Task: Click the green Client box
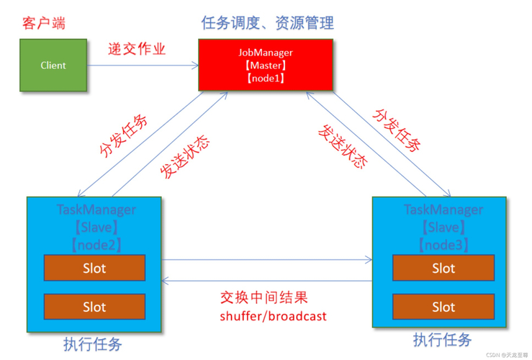click(53, 66)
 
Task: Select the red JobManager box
click(265, 65)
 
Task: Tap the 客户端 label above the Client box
click(45, 23)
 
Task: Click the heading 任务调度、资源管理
click(267, 23)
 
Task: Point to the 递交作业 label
click(137, 49)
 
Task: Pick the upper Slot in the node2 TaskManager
click(94, 269)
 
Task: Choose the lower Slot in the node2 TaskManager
click(94, 307)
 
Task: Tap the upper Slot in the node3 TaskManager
click(443, 269)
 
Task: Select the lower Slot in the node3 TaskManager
click(443, 307)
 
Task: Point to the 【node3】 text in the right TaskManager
click(443, 245)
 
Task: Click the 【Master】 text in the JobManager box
click(265, 66)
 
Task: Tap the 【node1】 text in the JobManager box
click(265, 78)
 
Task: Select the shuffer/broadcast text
click(273, 316)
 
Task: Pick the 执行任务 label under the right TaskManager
click(442, 339)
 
